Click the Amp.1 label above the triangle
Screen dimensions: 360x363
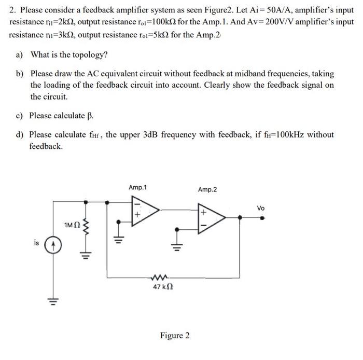pos(137,187)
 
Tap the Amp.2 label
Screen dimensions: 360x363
pos(207,190)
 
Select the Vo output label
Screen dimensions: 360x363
pos(261,208)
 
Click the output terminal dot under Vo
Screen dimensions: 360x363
pos(262,218)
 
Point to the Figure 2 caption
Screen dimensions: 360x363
pos(174,336)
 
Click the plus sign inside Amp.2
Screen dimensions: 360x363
pos(204,212)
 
